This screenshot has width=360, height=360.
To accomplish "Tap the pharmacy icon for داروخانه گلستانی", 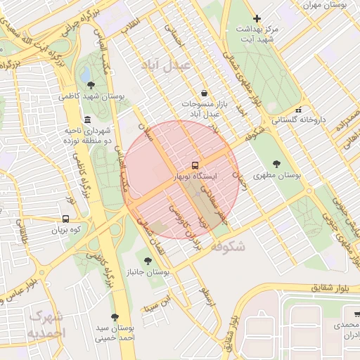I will point(299,110).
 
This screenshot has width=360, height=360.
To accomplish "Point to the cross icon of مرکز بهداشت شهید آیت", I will point(257,18).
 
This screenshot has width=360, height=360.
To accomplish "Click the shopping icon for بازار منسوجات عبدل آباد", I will point(204,93).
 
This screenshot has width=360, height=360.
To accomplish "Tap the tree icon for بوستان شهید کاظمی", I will point(91,85).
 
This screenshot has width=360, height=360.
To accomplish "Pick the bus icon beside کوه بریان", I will point(65,219).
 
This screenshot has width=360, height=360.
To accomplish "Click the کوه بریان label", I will point(65,230).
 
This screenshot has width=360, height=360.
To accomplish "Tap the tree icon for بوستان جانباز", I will point(147,261).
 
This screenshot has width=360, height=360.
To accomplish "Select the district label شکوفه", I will point(226,246).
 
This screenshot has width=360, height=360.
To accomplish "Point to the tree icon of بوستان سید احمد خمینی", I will point(115,317).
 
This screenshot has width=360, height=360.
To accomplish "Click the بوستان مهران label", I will point(326,5).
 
